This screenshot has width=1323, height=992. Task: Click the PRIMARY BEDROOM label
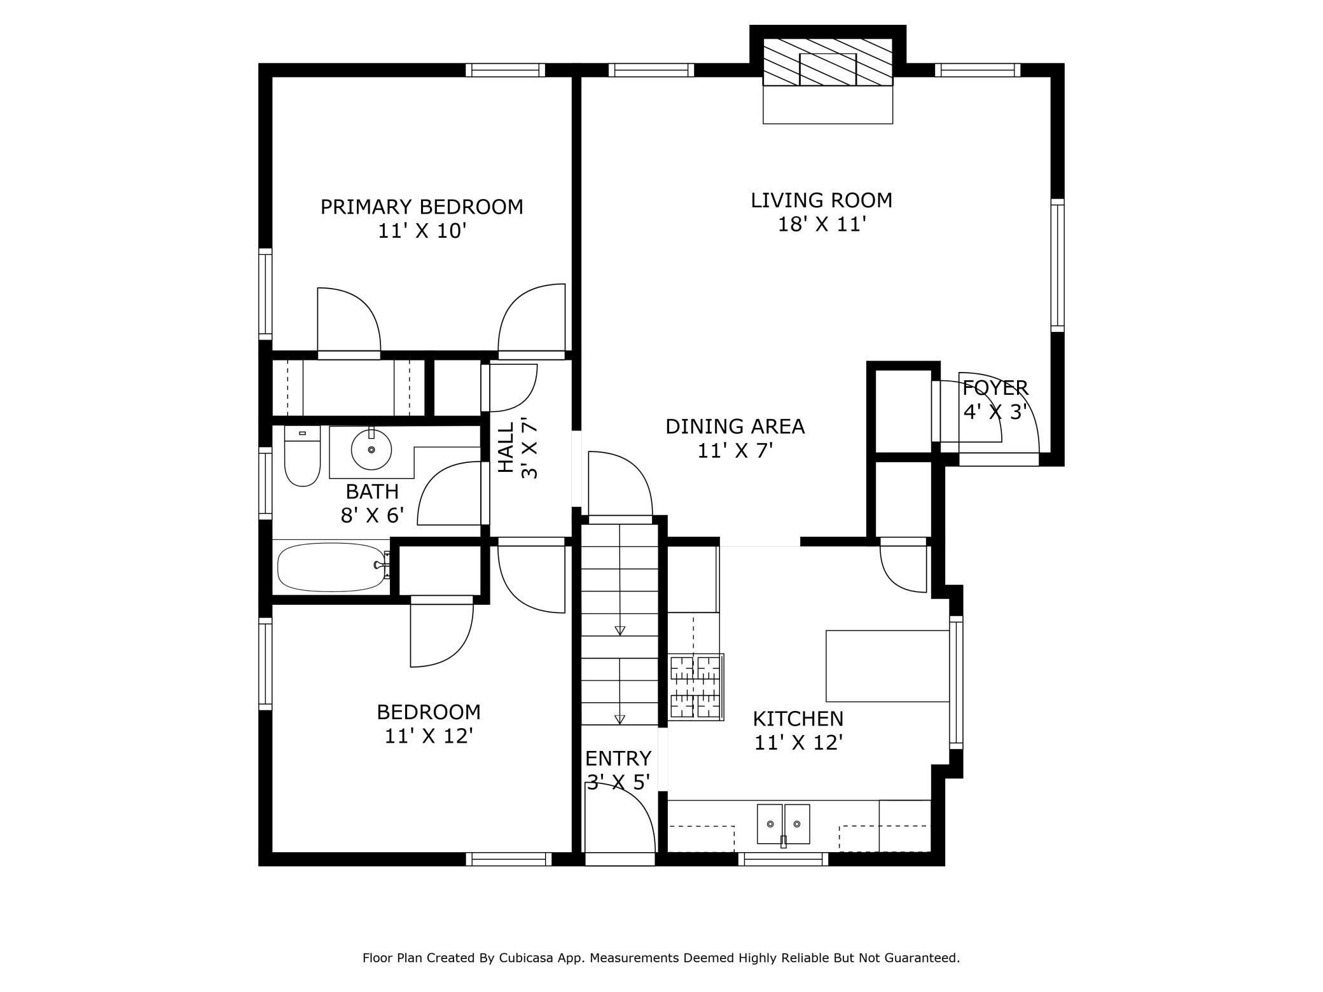(x=422, y=207)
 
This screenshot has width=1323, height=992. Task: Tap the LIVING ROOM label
(x=822, y=200)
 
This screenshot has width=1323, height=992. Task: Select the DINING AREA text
(x=735, y=426)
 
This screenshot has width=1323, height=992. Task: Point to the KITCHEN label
(x=798, y=719)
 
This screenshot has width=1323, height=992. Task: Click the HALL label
(x=506, y=448)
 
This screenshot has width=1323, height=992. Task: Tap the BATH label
(x=372, y=492)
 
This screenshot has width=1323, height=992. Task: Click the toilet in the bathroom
(x=302, y=457)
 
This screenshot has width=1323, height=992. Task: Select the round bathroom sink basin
(x=371, y=449)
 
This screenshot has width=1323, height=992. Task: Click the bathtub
(x=333, y=567)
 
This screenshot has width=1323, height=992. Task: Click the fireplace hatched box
(x=828, y=62)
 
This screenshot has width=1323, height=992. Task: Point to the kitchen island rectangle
(x=887, y=666)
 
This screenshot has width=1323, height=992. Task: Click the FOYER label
(x=995, y=387)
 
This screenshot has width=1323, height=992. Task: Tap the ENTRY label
(x=618, y=759)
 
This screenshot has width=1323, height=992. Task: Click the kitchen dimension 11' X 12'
(x=799, y=743)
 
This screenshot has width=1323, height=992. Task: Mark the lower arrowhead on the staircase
(x=620, y=719)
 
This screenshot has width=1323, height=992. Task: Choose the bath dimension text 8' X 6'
(x=373, y=516)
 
